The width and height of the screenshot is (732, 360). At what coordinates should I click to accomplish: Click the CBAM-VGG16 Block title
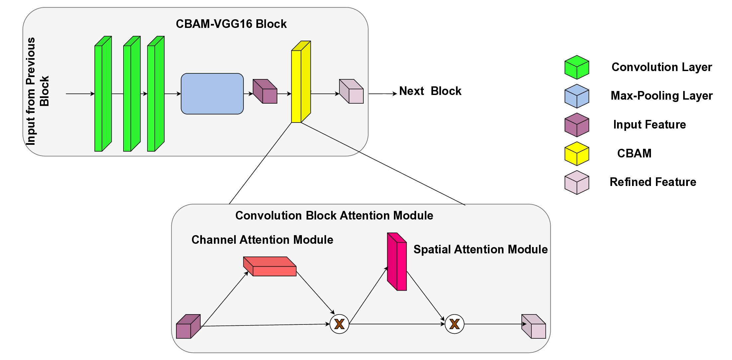pyautogui.click(x=231, y=24)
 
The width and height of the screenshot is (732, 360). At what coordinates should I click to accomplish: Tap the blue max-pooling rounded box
pyautogui.click(x=212, y=94)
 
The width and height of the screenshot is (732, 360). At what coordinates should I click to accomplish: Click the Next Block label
pyautogui.click(x=430, y=91)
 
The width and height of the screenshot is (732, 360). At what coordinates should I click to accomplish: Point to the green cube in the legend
pyautogui.click(x=577, y=67)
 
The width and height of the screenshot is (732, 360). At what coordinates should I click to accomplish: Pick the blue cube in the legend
pyautogui.click(x=577, y=96)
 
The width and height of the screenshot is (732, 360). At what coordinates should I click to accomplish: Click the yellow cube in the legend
pyautogui.click(x=577, y=154)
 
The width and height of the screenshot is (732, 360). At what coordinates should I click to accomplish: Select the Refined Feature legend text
pyautogui.click(x=653, y=182)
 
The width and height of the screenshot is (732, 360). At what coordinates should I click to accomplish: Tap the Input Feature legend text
pyautogui.click(x=650, y=125)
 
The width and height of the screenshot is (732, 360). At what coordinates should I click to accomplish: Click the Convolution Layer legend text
pyautogui.click(x=662, y=67)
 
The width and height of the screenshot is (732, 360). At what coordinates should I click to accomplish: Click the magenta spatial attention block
pyautogui.click(x=397, y=262)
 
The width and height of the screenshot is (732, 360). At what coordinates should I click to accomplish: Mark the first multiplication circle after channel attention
pyautogui.click(x=339, y=324)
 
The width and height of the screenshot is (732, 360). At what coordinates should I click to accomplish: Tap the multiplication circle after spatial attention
pyautogui.click(x=454, y=324)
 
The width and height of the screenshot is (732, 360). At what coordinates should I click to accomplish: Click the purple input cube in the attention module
pyautogui.click(x=188, y=327)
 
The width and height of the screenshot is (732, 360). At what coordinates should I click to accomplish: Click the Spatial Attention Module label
pyautogui.click(x=480, y=249)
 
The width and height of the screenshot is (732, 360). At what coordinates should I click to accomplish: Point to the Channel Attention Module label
pyautogui.click(x=262, y=240)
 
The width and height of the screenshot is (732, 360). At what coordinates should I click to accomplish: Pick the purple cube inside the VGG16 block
pyautogui.click(x=265, y=92)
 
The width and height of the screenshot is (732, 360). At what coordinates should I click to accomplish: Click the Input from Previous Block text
pyautogui.click(x=37, y=91)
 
